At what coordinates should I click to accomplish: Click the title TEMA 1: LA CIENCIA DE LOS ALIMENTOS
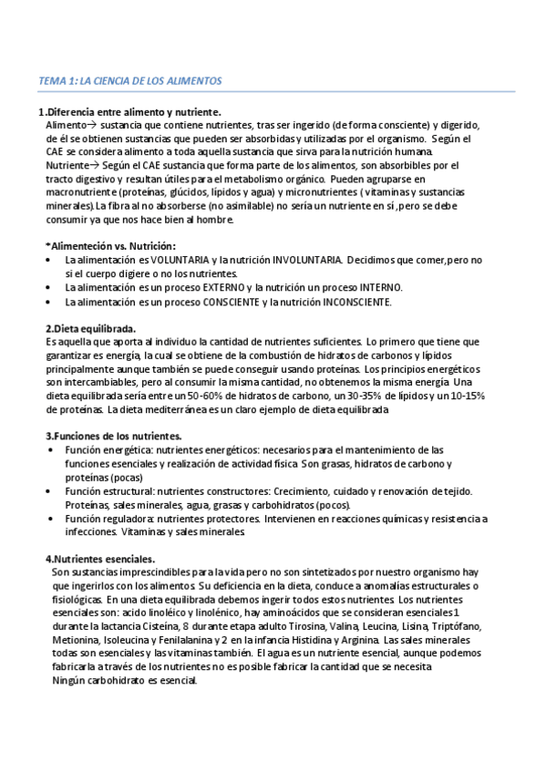click(x=130, y=81)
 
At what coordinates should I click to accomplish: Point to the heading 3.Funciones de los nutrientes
click(x=113, y=436)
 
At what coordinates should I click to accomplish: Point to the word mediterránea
click(x=141, y=409)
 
